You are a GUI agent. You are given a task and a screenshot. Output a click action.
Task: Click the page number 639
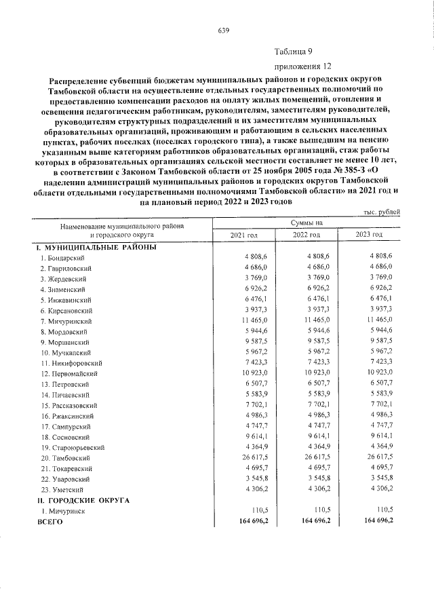coord(224,31)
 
